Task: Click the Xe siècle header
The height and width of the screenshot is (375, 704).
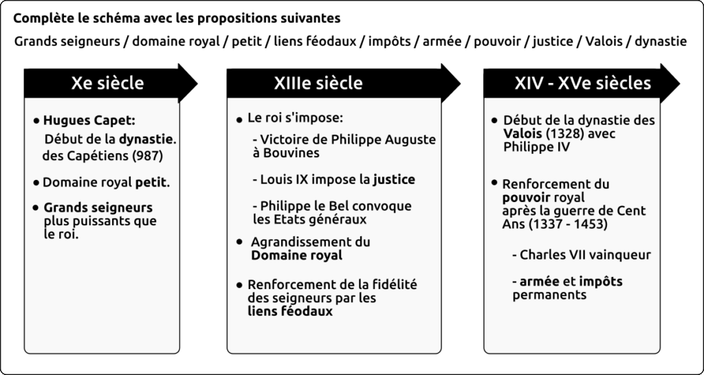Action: pos(107,83)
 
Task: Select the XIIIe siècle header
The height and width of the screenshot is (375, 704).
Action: pos(318,83)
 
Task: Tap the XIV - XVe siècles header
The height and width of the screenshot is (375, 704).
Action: pos(583,83)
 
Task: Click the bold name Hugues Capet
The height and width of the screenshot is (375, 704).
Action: pos(89,121)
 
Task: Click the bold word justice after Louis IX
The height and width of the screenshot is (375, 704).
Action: pos(394,180)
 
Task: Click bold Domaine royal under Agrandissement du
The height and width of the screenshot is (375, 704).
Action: pos(296,255)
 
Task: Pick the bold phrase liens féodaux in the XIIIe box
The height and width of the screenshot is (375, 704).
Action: pos(290,311)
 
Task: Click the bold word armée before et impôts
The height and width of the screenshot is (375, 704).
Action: pos(539,282)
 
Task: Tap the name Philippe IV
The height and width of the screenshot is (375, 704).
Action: pos(536,147)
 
